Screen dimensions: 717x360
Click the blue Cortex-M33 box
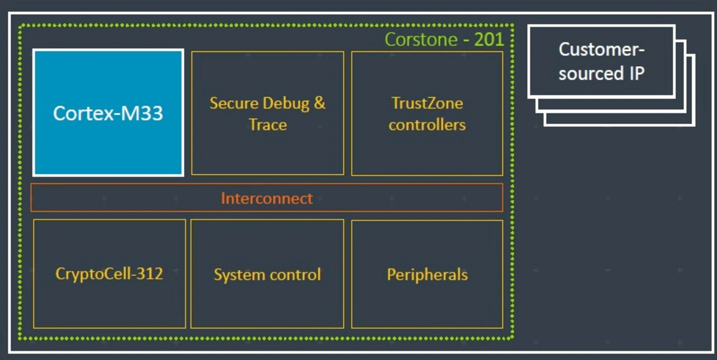(108, 113)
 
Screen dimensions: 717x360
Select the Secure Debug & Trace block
(268, 113)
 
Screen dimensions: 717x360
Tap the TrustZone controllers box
(427, 113)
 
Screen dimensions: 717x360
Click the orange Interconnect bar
(267, 198)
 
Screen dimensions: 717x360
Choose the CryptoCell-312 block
(109, 274)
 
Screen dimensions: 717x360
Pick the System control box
(267, 274)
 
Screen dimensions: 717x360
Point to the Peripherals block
(427, 274)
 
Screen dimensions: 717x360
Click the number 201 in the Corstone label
(489, 39)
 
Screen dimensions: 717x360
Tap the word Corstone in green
(421, 40)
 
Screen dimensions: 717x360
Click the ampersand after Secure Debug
(319, 103)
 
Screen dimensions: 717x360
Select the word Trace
(268, 124)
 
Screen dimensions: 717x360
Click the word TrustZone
(427, 103)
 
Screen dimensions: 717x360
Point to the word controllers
(427, 124)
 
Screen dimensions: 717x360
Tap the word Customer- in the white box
(602, 50)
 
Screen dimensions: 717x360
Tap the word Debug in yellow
(286, 104)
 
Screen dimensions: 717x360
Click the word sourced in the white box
(591, 73)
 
